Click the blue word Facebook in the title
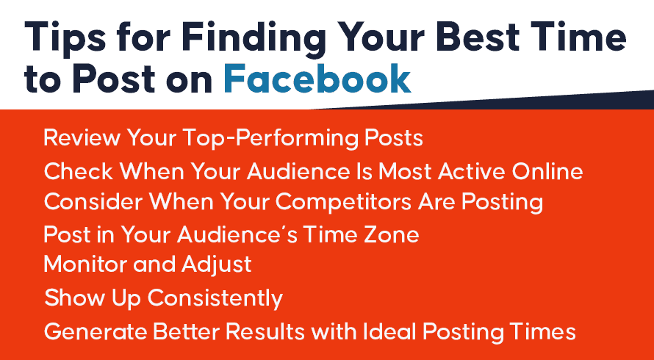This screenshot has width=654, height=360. pos(317,79)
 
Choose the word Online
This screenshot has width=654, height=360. pos(547,171)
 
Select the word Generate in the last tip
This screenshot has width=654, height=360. pos(96,332)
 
